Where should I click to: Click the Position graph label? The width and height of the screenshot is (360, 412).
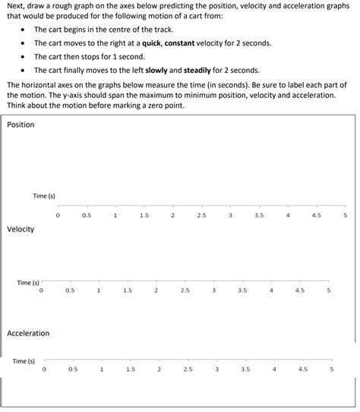click(x=21, y=124)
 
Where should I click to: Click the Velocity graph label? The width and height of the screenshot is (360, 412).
click(x=21, y=229)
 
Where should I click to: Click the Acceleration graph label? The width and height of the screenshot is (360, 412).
click(x=28, y=333)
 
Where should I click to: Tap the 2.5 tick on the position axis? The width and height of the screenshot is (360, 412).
click(x=201, y=215)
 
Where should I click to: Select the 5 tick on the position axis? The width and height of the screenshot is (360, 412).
click(x=346, y=215)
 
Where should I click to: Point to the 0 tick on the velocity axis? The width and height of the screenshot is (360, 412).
click(x=41, y=290)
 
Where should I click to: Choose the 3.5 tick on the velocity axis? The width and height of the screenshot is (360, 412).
click(x=242, y=290)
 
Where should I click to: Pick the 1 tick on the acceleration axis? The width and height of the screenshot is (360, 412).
click(x=101, y=370)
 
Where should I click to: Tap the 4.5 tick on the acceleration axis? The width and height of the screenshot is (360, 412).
click(x=303, y=370)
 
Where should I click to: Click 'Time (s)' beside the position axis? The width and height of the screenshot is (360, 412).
click(x=44, y=196)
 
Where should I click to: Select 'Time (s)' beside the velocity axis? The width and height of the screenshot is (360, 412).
click(x=28, y=282)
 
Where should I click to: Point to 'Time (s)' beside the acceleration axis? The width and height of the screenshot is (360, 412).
click(x=24, y=361)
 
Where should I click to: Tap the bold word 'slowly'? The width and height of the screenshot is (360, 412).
click(x=158, y=71)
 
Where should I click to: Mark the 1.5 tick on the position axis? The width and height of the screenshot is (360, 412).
click(x=144, y=215)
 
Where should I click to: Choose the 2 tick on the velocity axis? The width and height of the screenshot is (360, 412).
click(x=156, y=290)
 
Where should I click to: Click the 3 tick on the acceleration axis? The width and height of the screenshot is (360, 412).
click(x=216, y=370)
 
